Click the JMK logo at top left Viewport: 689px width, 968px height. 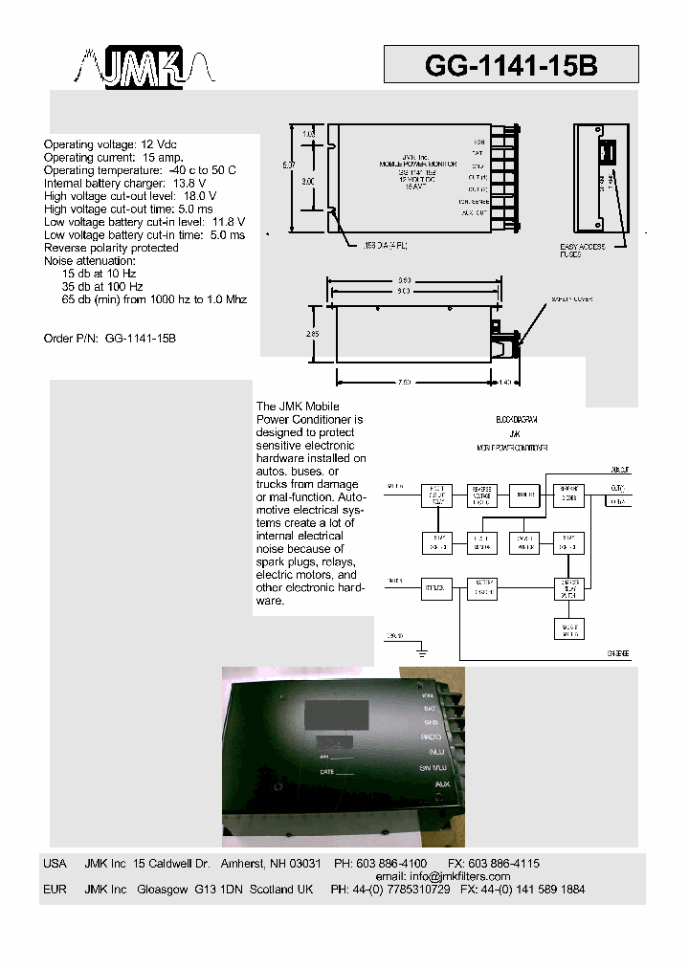click(146, 68)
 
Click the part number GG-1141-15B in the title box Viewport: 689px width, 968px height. click(510, 65)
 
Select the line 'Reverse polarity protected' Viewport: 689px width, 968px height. click(111, 248)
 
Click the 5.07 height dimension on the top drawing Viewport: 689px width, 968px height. click(288, 165)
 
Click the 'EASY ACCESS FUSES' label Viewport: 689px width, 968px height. click(583, 252)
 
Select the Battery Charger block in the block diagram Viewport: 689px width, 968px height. click(481, 588)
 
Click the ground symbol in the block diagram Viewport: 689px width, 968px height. click(421, 652)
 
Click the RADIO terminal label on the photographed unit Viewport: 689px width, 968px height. click(430, 737)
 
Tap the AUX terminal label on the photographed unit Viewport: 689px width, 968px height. click(442, 784)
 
